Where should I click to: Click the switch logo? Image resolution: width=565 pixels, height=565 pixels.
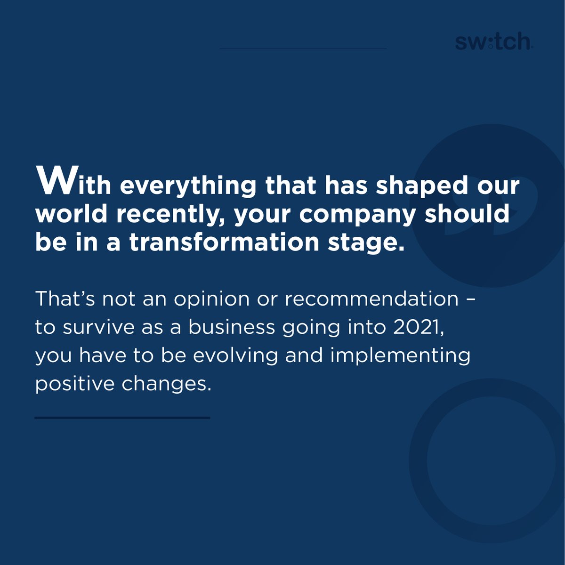pyautogui.click(x=493, y=42)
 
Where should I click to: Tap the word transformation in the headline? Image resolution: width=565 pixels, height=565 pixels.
pyautogui.click(x=224, y=242)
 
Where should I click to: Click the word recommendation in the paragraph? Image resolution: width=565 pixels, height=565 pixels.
pyautogui.click(x=371, y=299)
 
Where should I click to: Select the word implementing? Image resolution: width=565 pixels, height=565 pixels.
pyautogui.click(x=400, y=356)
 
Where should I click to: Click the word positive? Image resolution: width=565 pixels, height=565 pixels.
pyautogui.click(x=75, y=384)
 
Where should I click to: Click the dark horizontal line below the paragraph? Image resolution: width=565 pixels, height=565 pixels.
pyautogui.click(x=122, y=418)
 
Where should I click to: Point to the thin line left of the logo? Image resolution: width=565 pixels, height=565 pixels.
pyautogui.click(x=303, y=48)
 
